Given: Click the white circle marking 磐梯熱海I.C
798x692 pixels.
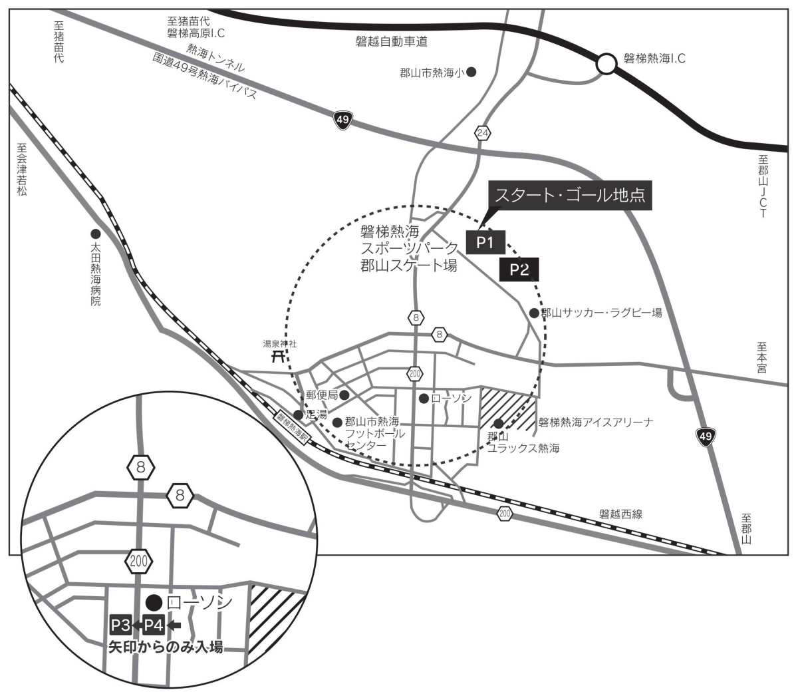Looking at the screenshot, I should pyautogui.click(x=606, y=64).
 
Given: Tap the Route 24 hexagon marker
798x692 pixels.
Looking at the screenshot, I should pyautogui.click(x=482, y=133).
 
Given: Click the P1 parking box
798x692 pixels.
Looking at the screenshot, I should pyautogui.click(x=486, y=242).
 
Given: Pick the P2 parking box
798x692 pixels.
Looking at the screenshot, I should pyautogui.click(x=519, y=269).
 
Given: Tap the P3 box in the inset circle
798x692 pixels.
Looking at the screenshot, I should pyautogui.click(x=120, y=625).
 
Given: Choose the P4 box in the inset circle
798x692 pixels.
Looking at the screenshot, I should pyautogui.click(x=154, y=625).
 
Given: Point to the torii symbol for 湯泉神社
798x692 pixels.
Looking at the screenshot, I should pyautogui.click(x=277, y=356).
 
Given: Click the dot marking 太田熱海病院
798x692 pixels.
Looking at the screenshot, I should pyautogui.click(x=96, y=234).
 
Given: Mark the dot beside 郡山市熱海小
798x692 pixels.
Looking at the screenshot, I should pyautogui.click(x=471, y=73).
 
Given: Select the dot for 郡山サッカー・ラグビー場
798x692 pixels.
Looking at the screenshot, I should pyautogui.click(x=534, y=313).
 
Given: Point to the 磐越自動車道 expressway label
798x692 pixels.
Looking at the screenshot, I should pyautogui.click(x=392, y=41).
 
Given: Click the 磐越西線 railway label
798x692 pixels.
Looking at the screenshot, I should pyautogui.click(x=620, y=514).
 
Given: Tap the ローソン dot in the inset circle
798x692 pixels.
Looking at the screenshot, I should pyautogui.click(x=154, y=603).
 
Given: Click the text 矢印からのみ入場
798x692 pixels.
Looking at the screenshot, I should pyautogui.click(x=166, y=647).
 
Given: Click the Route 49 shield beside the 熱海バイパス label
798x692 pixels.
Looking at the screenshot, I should pyautogui.click(x=342, y=120).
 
